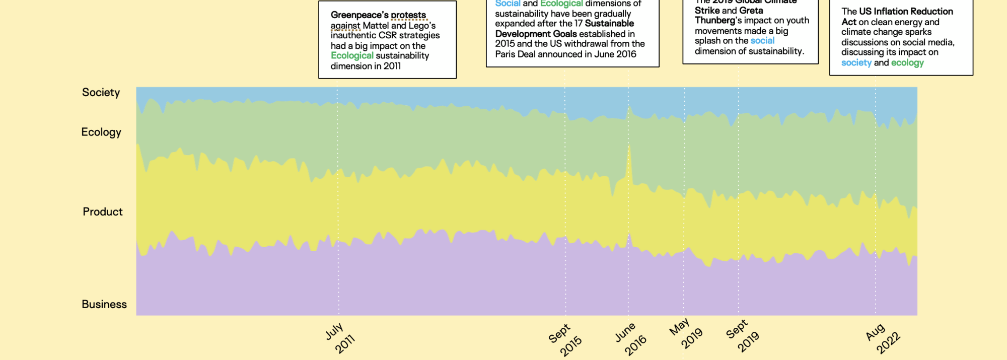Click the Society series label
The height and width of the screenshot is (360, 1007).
[101, 93]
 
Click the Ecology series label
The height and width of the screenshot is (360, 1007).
[101, 132]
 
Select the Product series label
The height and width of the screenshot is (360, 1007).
[102, 211]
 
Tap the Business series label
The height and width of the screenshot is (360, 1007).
[104, 304]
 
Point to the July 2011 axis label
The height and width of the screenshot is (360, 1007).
[340, 338]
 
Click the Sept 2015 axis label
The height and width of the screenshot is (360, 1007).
[565, 340]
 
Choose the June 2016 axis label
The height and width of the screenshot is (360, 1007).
[630, 339]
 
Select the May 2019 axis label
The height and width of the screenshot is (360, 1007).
[685, 334]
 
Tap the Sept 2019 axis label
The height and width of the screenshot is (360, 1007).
[742, 335]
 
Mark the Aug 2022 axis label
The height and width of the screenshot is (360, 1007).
[883, 338]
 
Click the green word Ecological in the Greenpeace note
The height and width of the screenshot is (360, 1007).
[352, 56]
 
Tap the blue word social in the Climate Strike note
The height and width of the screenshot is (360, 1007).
[762, 41]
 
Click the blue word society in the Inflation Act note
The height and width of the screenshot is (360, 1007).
[856, 63]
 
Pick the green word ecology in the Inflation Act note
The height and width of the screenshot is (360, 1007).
[907, 63]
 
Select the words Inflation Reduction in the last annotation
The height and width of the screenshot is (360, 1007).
[906, 12]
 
